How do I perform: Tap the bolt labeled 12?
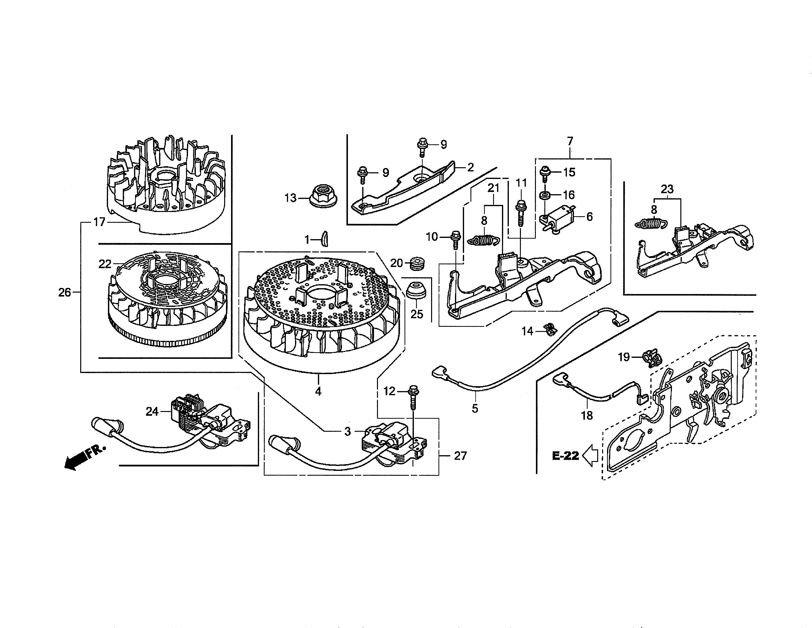point(413,397)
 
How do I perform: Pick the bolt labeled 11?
point(521,213)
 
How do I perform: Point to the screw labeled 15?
point(545,173)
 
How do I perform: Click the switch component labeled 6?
point(558,220)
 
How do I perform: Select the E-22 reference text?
point(565,456)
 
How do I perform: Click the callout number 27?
point(460,456)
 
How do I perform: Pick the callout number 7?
point(570,141)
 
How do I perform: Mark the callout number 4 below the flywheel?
point(318,391)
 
